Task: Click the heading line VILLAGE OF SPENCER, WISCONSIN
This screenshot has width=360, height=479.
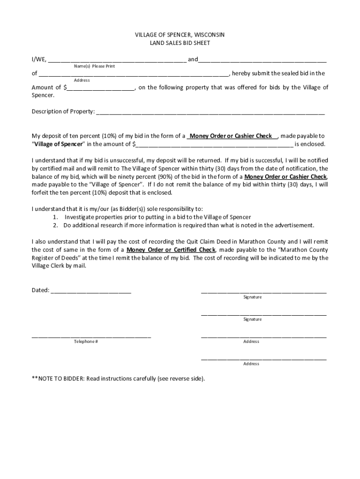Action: (x=180, y=35)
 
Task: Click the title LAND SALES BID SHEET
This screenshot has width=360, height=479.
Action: (x=180, y=43)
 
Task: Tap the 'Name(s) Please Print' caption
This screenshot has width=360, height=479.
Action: (x=94, y=66)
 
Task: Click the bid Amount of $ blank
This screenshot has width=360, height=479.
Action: (x=101, y=88)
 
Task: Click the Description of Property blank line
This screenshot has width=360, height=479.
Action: (x=210, y=112)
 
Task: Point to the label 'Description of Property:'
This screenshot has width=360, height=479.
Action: (x=63, y=112)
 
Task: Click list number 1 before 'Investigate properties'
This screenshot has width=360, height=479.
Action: (x=55, y=218)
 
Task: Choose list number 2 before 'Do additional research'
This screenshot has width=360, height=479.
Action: (x=55, y=225)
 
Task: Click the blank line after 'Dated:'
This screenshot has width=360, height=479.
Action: (x=91, y=291)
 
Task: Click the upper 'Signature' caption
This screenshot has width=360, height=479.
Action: (x=252, y=298)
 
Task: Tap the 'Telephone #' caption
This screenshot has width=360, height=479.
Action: (x=86, y=341)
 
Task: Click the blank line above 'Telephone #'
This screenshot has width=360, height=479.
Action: (x=91, y=336)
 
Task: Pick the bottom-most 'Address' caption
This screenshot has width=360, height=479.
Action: (x=251, y=364)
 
